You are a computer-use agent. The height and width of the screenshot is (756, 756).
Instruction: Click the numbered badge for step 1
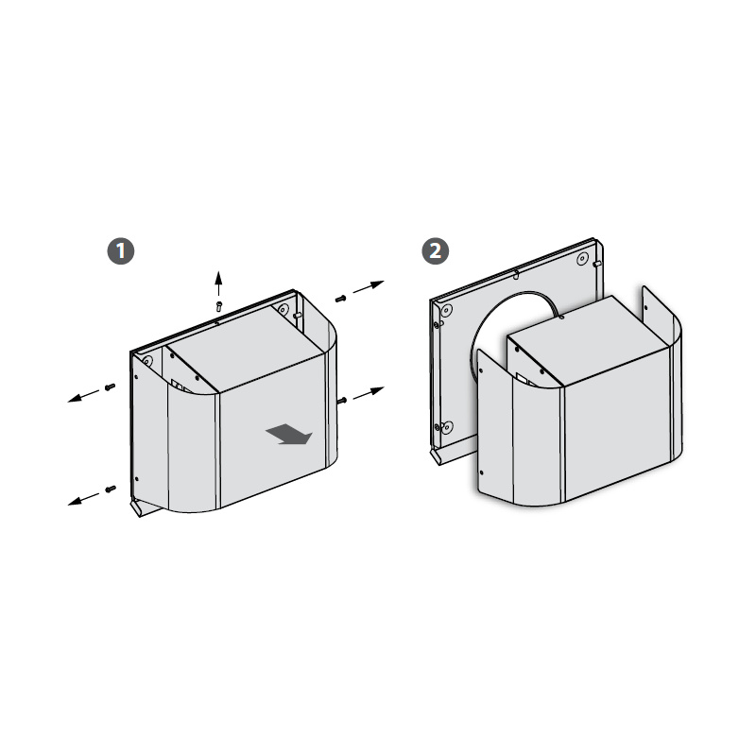click(x=121, y=251)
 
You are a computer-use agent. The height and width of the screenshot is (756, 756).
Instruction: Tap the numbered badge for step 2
click(x=436, y=251)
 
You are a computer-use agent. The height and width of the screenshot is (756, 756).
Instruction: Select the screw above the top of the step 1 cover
click(x=219, y=306)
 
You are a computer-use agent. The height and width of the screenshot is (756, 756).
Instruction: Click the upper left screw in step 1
click(x=111, y=387)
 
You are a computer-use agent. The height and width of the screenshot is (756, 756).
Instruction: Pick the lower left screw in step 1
click(x=111, y=490)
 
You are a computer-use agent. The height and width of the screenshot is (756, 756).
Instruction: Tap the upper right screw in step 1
click(x=341, y=299)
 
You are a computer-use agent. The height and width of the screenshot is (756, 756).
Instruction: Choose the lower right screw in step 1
click(x=342, y=400)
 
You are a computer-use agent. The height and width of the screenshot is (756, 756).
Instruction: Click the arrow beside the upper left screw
click(x=83, y=396)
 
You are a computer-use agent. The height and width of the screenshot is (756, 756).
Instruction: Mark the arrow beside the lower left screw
click(x=83, y=499)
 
